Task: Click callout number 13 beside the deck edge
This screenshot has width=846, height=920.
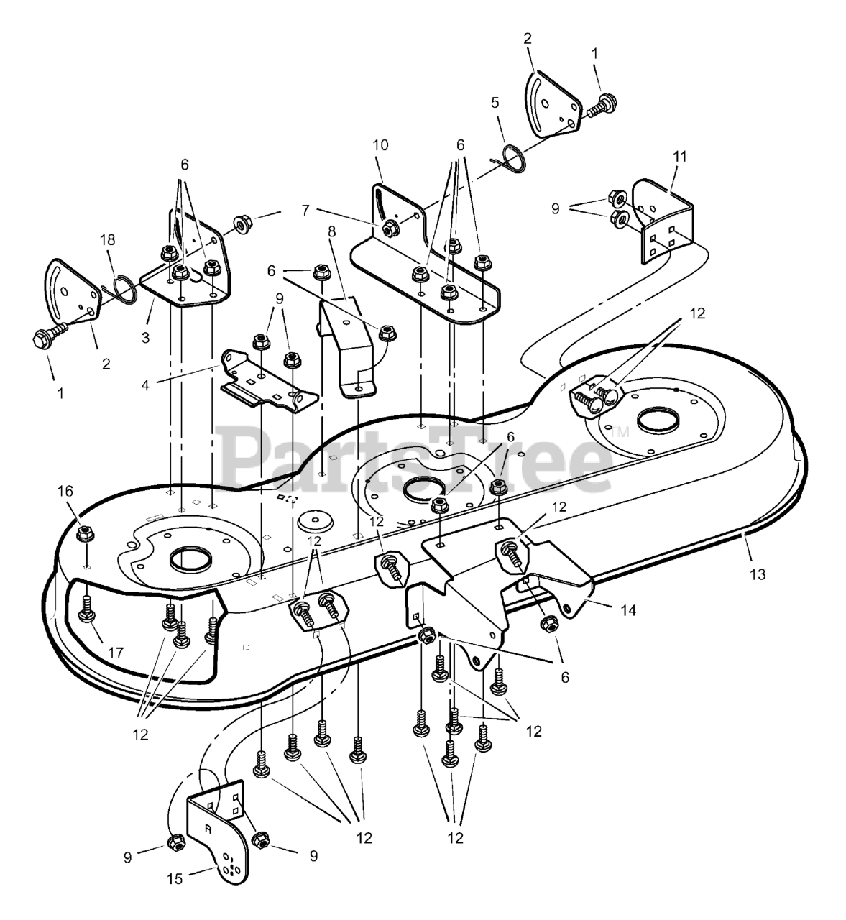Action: (x=758, y=574)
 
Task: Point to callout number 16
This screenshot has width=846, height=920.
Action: (x=65, y=491)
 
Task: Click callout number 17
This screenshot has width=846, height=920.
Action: (x=116, y=653)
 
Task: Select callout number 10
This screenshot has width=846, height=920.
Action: (x=380, y=145)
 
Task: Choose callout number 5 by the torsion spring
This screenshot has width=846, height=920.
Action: (x=495, y=103)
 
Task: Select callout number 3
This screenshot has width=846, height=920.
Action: (x=146, y=336)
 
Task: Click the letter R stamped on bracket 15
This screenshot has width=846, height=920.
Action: (x=208, y=827)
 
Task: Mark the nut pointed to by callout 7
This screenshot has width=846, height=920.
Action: (x=390, y=229)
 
